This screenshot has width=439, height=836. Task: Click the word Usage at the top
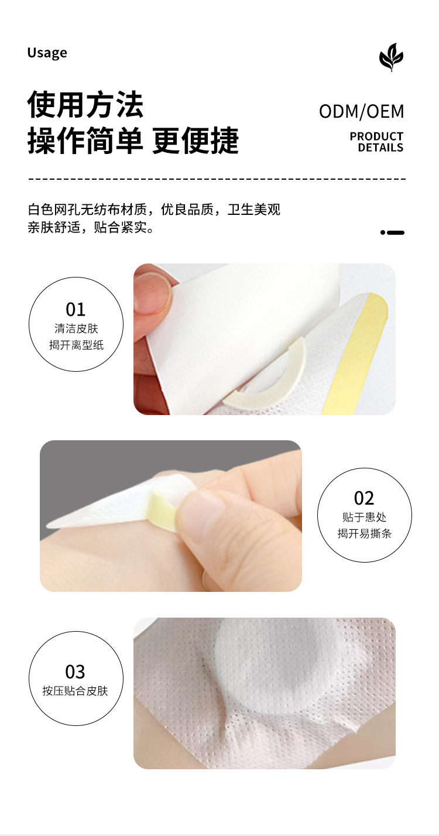click(x=47, y=53)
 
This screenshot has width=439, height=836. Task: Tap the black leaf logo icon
click(x=391, y=57)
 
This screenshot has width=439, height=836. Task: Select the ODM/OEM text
click(x=361, y=111)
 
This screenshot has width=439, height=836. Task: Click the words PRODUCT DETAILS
click(x=376, y=142)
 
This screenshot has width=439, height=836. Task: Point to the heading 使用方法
click(x=85, y=104)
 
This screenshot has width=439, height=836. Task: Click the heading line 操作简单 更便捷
click(x=133, y=141)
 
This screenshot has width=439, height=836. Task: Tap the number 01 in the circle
click(x=76, y=309)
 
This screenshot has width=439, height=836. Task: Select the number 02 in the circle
click(x=364, y=498)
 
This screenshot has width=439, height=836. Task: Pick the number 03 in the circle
click(x=75, y=672)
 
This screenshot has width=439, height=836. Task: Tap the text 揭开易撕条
click(x=364, y=534)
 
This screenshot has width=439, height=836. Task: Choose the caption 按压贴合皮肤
click(x=75, y=691)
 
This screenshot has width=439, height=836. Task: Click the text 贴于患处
click(x=364, y=517)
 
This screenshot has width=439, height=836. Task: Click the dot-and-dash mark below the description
click(x=392, y=232)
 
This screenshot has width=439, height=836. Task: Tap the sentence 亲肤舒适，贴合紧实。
click(x=91, y=227)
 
